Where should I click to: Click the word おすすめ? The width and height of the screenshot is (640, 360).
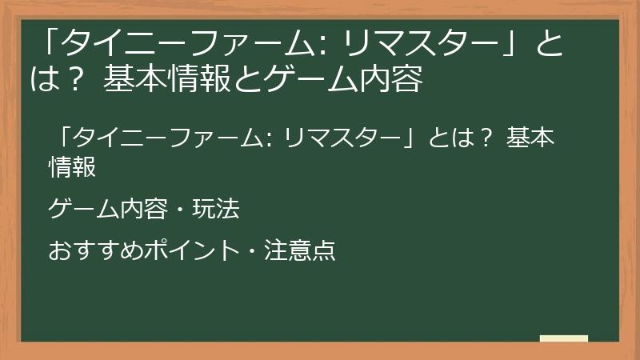tap(83, 251)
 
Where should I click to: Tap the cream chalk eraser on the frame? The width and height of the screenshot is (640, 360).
tap(563, 339)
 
